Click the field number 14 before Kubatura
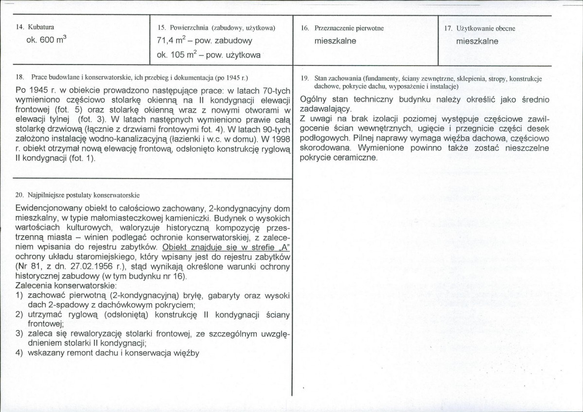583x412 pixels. [20, 27]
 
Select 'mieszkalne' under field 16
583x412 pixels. [336, 41]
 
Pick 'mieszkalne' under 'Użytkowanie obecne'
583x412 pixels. [477, 41]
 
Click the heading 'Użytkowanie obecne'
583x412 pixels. [486, 28]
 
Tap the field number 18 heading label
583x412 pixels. [20, 77]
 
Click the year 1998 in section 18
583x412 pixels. [282, 140]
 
